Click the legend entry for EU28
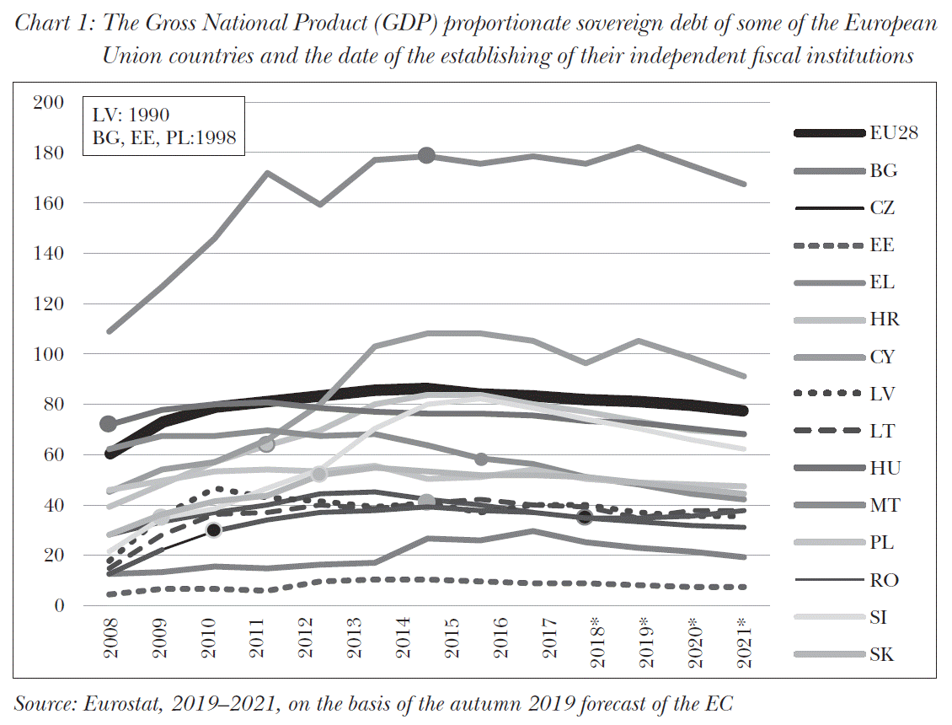coord(894,132)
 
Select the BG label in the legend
coord(883,170)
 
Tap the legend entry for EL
coord(882,282)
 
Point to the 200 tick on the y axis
coord(48,103)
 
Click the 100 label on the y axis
coord(48,354)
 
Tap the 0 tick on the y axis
coord(59,605)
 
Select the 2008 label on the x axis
coord(110,643)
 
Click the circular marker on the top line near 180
coord(426,155)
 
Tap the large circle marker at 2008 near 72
coord(108,424)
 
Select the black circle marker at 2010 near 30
coord(214,529)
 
